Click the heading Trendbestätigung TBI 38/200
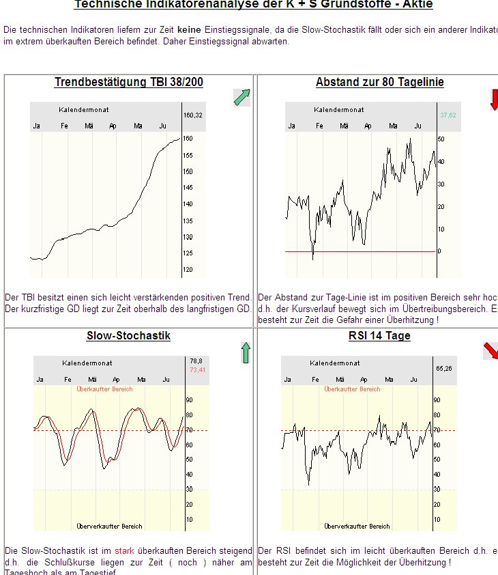point(128,83)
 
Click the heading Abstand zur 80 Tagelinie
point(379,83)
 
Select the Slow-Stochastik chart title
point(128,336)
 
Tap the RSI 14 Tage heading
point(379,336)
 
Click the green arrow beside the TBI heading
point(241,98)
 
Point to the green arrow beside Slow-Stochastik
point(246,353)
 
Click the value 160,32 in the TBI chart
point(194,115)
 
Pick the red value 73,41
point(197,369)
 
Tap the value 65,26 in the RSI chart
point(444,369)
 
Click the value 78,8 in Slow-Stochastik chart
point(196,361)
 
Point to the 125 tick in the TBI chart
point(189,253)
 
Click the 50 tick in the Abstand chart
point(441,139)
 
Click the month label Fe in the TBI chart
point(64,126)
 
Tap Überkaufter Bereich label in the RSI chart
point(352,389)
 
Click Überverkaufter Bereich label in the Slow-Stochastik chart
point(109,527)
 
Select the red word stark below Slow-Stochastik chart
point(124,550)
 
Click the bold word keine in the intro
point(189,30)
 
